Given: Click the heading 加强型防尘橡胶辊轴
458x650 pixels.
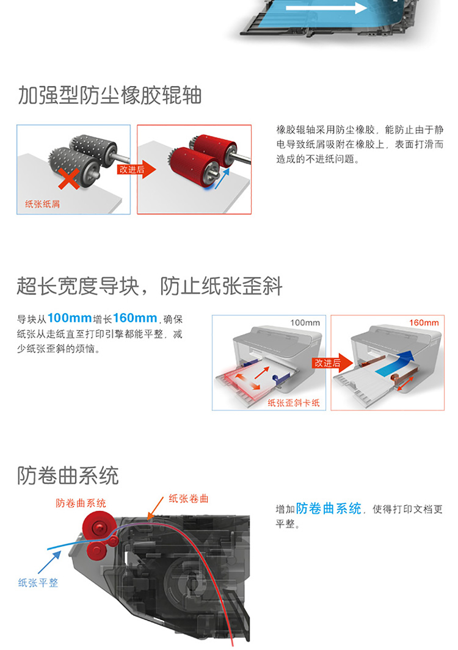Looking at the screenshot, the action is [x=109, y=96].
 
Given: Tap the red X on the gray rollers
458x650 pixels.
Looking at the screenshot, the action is [x=69, y=178].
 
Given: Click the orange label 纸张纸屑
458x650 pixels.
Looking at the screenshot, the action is [x=42, y=204].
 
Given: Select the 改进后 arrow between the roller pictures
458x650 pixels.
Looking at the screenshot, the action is [x=137, y=169].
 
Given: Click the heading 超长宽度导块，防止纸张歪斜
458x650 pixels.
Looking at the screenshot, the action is [x=150, y=286].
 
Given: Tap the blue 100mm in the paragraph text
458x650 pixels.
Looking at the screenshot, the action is [x=69, y=319].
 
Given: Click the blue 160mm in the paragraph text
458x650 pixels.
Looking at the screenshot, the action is [x=135, y=319].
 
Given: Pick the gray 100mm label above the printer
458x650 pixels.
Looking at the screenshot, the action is [x=305, y=322].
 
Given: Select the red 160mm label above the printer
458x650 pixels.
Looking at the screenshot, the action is [x=424, y=322].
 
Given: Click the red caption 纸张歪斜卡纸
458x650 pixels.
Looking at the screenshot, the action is [x=294, y=403].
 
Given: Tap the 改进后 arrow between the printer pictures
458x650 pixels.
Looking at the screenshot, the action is [x=332, y=363].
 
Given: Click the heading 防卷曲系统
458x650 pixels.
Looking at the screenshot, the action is [x=68, y=475].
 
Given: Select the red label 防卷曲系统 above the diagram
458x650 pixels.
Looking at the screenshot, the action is [x=81, y=504].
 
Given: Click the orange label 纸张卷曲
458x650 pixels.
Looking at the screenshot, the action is [x=188, y=499].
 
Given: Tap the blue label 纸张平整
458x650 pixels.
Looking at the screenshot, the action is [x=38, y=583].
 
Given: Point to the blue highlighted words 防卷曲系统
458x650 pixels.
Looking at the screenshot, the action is [x=329, y=508].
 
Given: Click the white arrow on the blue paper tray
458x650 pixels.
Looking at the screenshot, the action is [x=326, y=8].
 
